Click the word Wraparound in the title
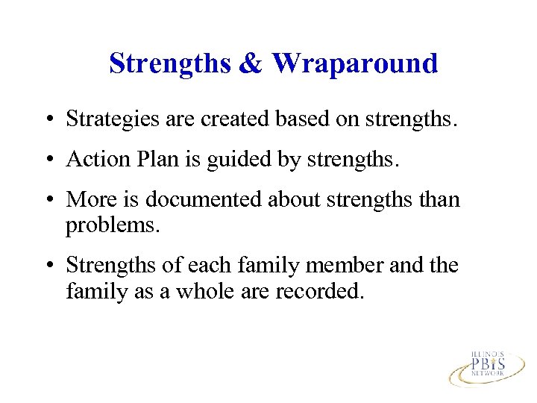click(x=355, y=63)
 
